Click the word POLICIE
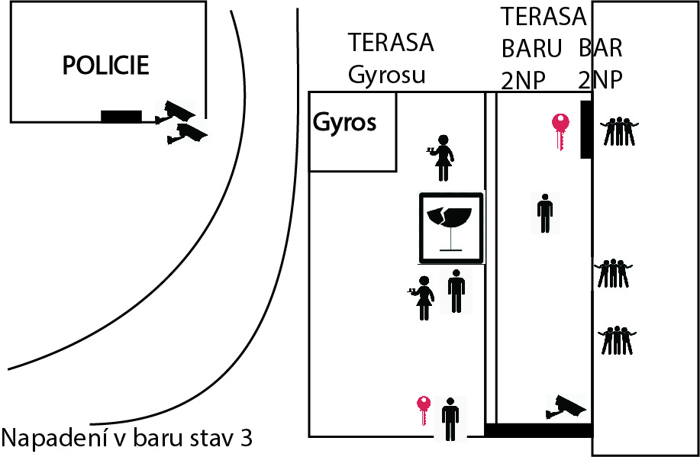[x=106, y=65]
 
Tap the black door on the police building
[x=121, y=116]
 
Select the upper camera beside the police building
[x=175, y=111]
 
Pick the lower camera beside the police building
[x=187, y=134]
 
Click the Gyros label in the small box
[x=344, y=123]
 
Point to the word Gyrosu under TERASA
[x=386, y=75]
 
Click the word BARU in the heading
[x=531, y=48]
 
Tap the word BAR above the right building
[x=601, y=48]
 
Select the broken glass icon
[x=451, y=227]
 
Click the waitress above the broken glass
[x=441, y=157]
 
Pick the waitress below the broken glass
[x=422, y=298]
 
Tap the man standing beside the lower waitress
[x=456, y=291]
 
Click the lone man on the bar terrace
[x=545, y=214]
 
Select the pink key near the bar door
[x=561, y=131]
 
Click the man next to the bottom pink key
[x=450, y=419]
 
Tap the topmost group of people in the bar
[x=619, y=131]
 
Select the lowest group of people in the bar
[x=617, y=340]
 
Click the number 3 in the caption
[x=246, y=438]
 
